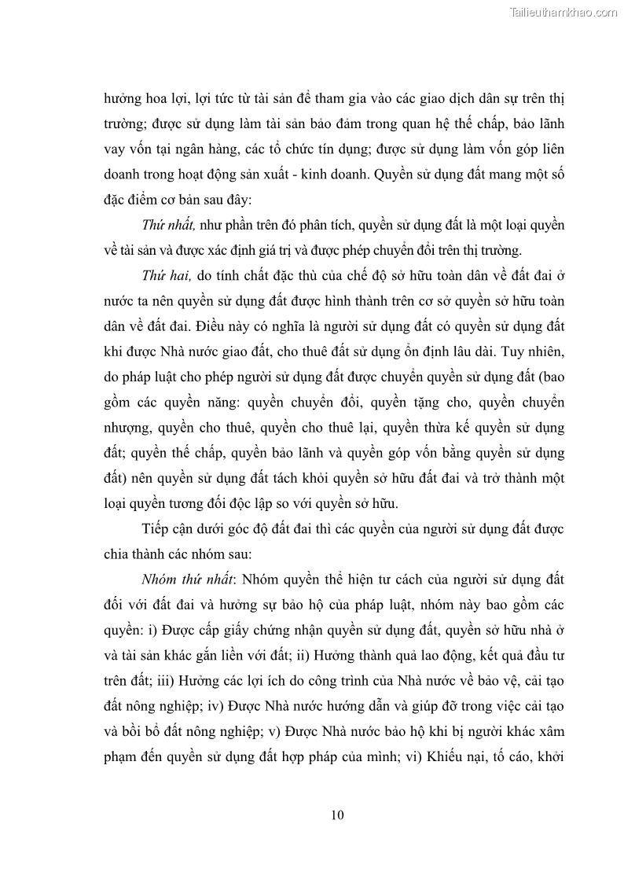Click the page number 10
coord(337,814)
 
